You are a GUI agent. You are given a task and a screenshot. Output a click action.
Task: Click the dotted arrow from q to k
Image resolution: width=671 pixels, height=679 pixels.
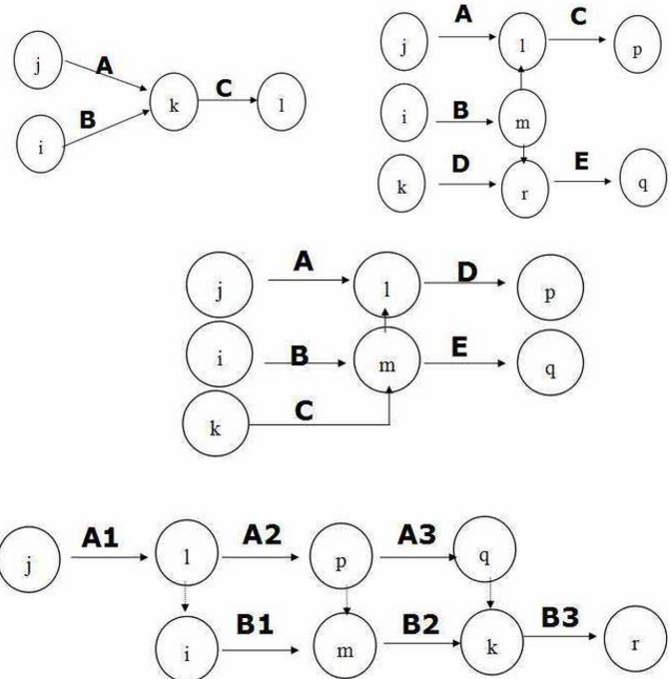click(x=487, y=597)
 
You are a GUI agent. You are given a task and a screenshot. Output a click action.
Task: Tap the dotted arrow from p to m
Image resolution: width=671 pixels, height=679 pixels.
click(x=341, y=599)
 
